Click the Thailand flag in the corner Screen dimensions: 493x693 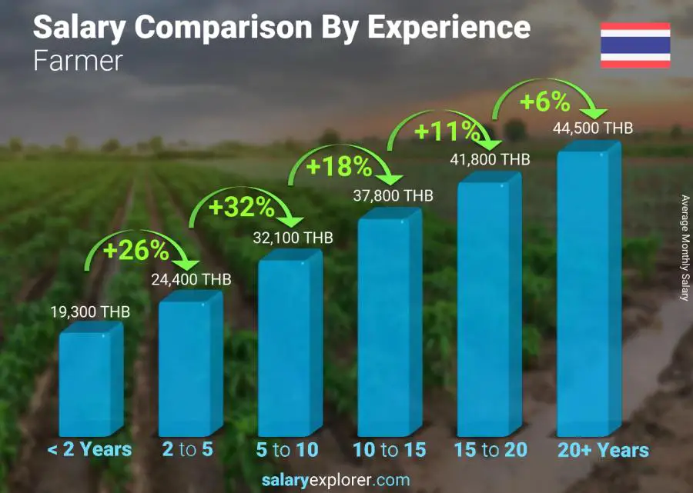pos(634,45)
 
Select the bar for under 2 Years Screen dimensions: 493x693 pos(90,381)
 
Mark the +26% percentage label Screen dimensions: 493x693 pos(136,250)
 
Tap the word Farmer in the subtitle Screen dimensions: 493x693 pos(78,61)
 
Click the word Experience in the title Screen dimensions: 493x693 pos(448,28)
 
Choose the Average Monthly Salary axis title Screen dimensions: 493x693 pos(684,248)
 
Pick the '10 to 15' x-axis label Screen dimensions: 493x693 pos(389,450)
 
